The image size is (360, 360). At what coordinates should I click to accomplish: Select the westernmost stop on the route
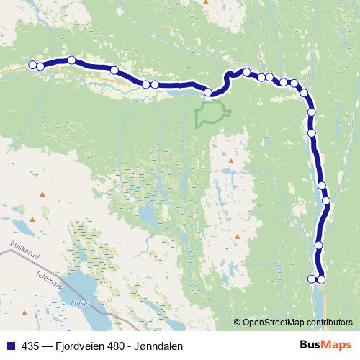[32, 66]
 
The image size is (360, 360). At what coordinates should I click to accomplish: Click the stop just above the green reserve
[208, 91]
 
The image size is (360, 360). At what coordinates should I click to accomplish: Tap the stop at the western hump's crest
[72, 60]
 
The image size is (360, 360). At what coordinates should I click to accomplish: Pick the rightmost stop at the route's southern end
[321, 279]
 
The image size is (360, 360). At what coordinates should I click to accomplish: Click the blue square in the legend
[10, 346]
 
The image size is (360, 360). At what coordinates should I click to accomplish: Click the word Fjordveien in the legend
[78, 346]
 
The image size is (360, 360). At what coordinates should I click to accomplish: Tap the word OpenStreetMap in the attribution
[274, 322]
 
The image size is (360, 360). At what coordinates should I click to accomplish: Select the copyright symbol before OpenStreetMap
[237, 322]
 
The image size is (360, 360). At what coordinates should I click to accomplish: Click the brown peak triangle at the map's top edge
[206, 2]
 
